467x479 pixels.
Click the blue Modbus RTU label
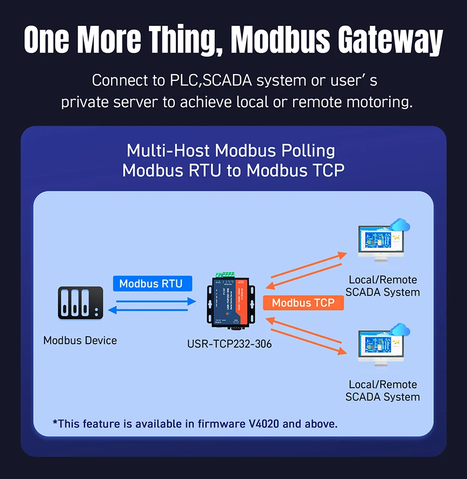pyautogui.click(x=151, y=284)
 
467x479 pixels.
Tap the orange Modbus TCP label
pyautogui.click(x=303, y=303)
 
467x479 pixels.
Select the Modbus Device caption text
pyautogui.click(x=80, y=341)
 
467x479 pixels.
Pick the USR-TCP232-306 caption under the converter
pyautogui.click(x=229, y=344)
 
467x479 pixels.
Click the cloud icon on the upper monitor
pyautogui.click(x=400, y=226)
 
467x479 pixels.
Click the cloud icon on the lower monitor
pyautogui.click(x=400, y=330)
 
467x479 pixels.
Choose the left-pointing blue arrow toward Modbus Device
pyautogui.click(x=151, y=310)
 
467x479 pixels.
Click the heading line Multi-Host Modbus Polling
pyautogui.click(x=231, y=151)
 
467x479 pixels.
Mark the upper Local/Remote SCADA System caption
pyautogui.click(x=383, y=286)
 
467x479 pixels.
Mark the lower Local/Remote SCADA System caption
pyautogui.click(x=383, y=391)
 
